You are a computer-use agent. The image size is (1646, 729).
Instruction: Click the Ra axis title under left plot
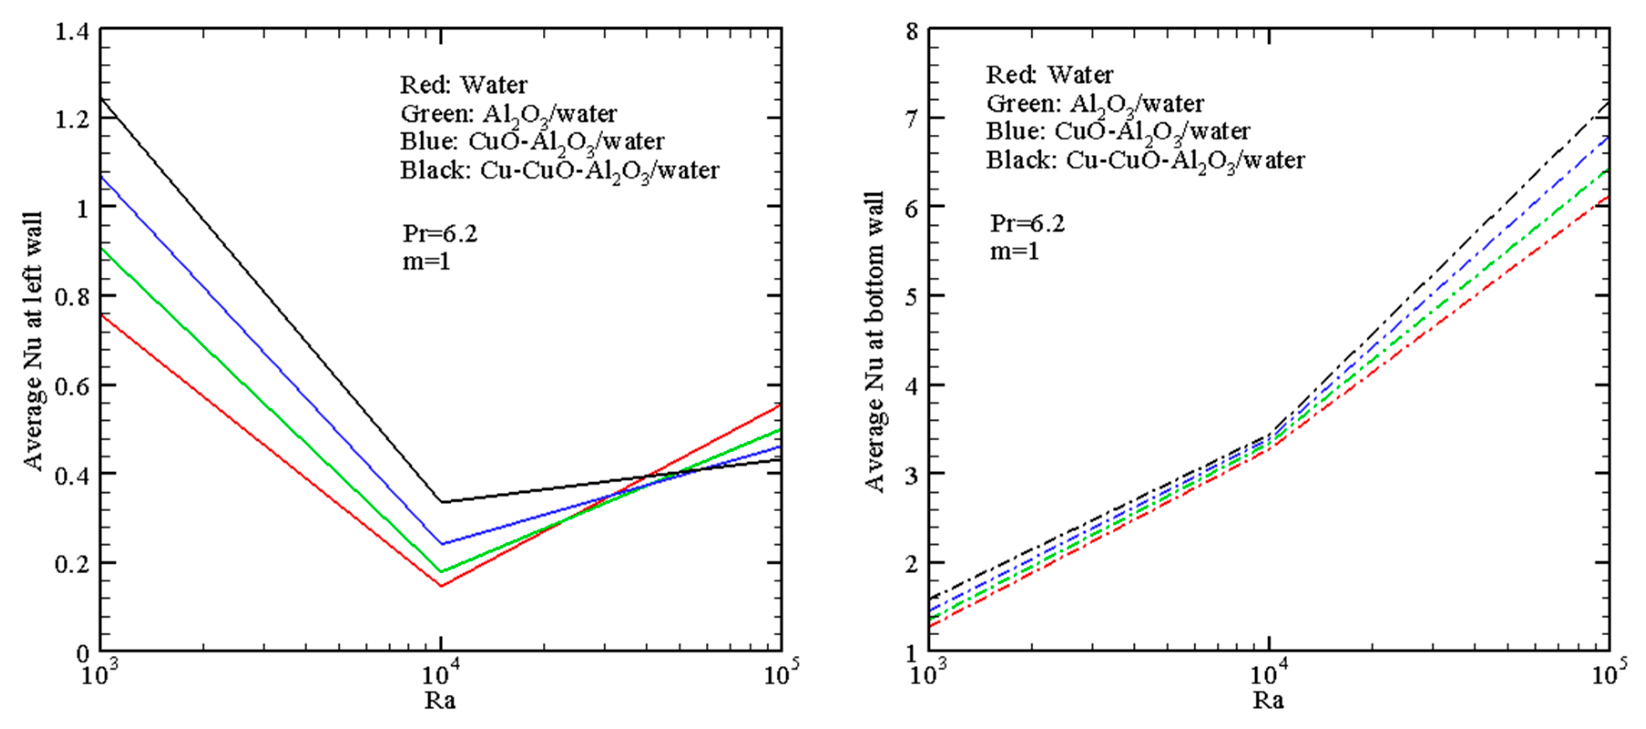click(440, 701)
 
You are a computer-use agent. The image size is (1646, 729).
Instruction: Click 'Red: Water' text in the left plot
click(464, 85)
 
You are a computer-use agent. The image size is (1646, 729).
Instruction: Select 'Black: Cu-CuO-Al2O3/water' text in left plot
click(560, 171)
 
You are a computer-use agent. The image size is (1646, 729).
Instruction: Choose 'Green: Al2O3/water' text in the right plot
click(1095, 103)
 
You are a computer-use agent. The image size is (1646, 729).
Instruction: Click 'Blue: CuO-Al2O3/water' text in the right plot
click(1118, 132)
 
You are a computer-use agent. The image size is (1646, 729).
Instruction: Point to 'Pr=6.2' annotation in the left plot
click(439, 234)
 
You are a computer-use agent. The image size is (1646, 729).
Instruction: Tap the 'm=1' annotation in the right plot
click(1015, 251)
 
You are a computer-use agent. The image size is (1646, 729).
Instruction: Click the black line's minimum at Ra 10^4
click(441, 501)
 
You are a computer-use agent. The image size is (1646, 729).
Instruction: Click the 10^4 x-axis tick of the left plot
click(440, 673)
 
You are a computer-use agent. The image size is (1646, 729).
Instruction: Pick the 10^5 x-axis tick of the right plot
click(1608, 673)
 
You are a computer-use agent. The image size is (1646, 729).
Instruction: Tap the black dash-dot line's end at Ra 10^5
click(1608, 102)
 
